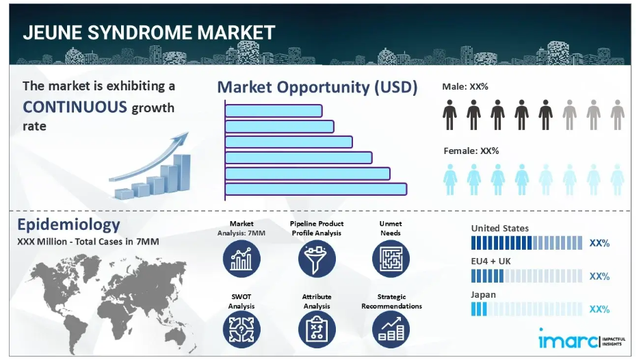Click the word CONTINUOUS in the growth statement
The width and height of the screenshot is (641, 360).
point(75,107)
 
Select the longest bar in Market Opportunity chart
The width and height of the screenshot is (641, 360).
point(316,189)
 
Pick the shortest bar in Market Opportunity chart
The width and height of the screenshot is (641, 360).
point(274,111)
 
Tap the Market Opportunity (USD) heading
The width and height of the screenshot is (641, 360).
point(317,88)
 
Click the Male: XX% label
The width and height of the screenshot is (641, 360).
point(465,87)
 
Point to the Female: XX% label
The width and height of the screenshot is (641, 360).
point(471,151)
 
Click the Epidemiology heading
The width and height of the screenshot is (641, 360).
point(68,224)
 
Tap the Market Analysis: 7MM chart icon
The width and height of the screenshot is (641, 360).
point(241,259)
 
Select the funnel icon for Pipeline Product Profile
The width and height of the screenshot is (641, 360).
point(317,259)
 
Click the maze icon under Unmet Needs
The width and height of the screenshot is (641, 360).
point(391,259)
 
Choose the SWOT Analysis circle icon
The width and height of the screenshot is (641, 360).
point(241,329)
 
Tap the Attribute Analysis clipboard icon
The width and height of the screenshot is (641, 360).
point(317,329)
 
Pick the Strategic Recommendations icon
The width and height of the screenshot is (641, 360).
point(391,329)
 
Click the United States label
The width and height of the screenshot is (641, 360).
point(499,229)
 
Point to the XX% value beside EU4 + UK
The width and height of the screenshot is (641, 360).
point(599,277)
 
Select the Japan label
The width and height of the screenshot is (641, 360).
point(483,294)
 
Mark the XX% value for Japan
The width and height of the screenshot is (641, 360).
point(599,309)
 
